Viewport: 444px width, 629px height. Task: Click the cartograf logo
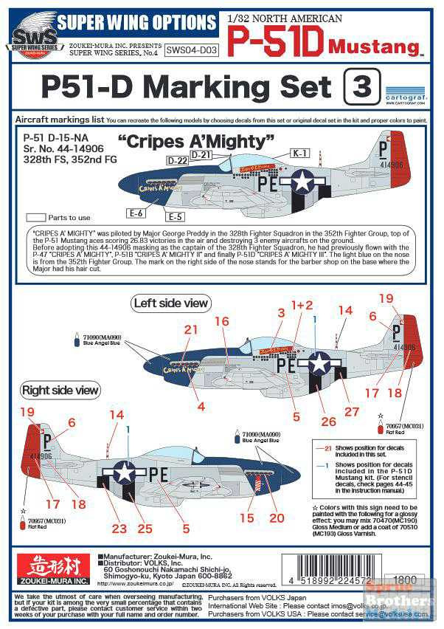[406, 95]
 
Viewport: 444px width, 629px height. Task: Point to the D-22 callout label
[177, 160]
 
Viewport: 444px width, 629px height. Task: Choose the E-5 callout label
[175, 217]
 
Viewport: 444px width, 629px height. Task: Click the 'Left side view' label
[171, 303]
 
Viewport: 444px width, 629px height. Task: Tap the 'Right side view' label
[60, 390]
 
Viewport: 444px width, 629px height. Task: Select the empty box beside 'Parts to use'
[35, 218]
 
